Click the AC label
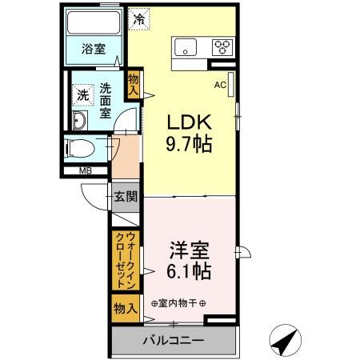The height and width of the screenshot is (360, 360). coord(220,82)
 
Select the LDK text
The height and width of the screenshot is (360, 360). coord(188,122)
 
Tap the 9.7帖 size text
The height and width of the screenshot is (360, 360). coord(188,145)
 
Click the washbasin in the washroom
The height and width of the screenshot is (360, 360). coord(80,122)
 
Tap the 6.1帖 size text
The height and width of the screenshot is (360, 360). coord(190,272)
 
